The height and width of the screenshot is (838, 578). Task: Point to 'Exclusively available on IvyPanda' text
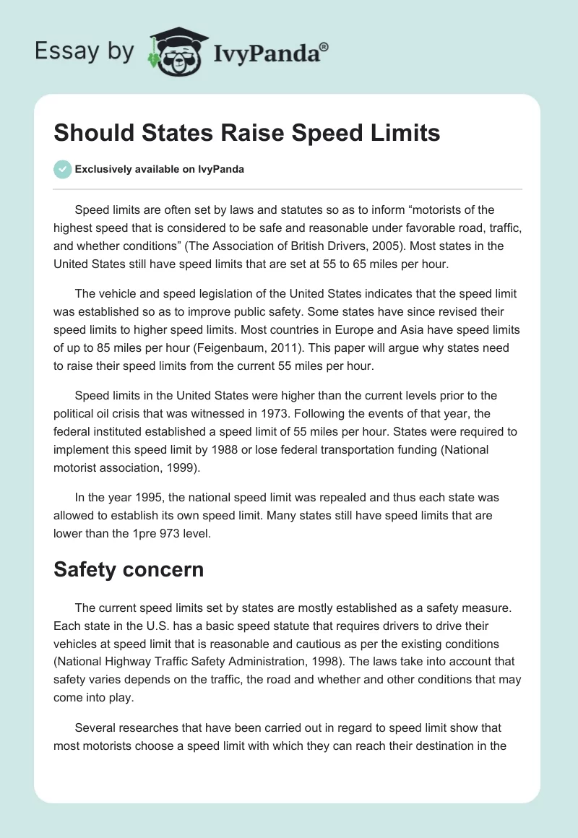(159, 169)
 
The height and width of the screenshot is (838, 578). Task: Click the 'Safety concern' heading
(129, 569)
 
